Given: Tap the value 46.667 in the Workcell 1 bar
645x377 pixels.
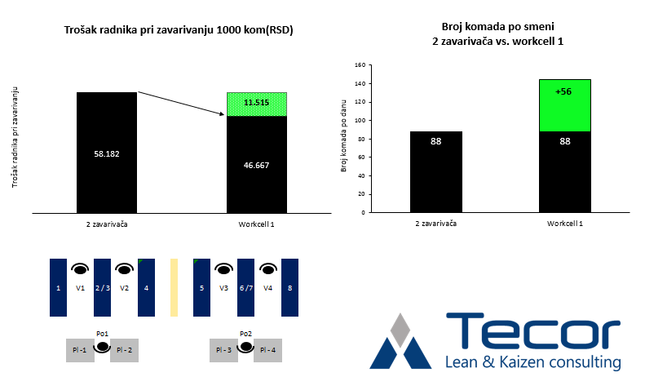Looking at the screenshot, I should pyautogui.click(x=257, y=164).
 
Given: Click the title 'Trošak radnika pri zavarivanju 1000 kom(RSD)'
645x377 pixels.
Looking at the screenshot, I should pyautogui.click(x=179, y=30).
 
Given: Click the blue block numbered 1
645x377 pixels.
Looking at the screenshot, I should pyautogui.click(x=58, y=287).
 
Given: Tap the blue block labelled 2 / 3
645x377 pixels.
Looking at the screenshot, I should pyautogui.click(x=102, y=287).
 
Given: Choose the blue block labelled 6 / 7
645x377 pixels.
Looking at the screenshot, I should pyautogui.click(x=245, y=287).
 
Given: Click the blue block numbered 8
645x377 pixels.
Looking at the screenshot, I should pyautogui.click(x=289, y=287).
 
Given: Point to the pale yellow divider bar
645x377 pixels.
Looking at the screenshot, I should pyautogui.click(x=174, y=287).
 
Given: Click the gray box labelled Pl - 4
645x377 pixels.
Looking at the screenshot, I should pyautogui.click(x=268, y=350).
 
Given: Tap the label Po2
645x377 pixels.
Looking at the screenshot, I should pyautogui.click(x=245, y=333).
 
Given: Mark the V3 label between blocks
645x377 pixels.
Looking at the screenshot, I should pyautogui.click(x=223, y=288).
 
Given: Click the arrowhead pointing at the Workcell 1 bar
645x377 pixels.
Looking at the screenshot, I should pyautogui.click(x=224, y=115).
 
